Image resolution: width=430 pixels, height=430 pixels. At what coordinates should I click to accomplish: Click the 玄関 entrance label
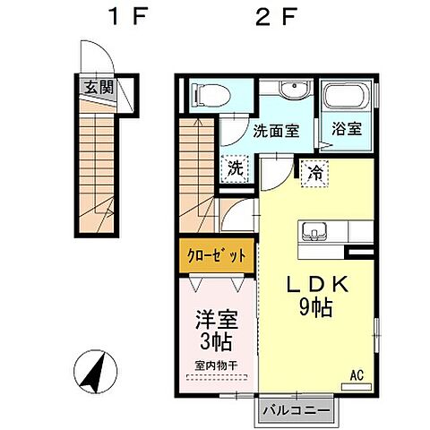(x=100, y=88)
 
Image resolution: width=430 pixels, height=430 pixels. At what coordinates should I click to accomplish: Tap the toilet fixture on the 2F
(x=202, y=92)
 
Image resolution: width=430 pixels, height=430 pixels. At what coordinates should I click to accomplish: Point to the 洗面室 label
(x=275, y=129)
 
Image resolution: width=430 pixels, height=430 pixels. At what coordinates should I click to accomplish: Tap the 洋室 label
(x=215, y=318)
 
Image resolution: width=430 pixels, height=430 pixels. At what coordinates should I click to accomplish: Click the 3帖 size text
(x=215, y=340)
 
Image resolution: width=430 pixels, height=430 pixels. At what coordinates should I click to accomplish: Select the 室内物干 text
(x=215, y=365)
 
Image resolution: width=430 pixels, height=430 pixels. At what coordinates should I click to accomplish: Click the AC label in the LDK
(x=357, y=375)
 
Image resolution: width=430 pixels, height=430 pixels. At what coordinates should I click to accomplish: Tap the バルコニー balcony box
(x=299, y=411)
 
